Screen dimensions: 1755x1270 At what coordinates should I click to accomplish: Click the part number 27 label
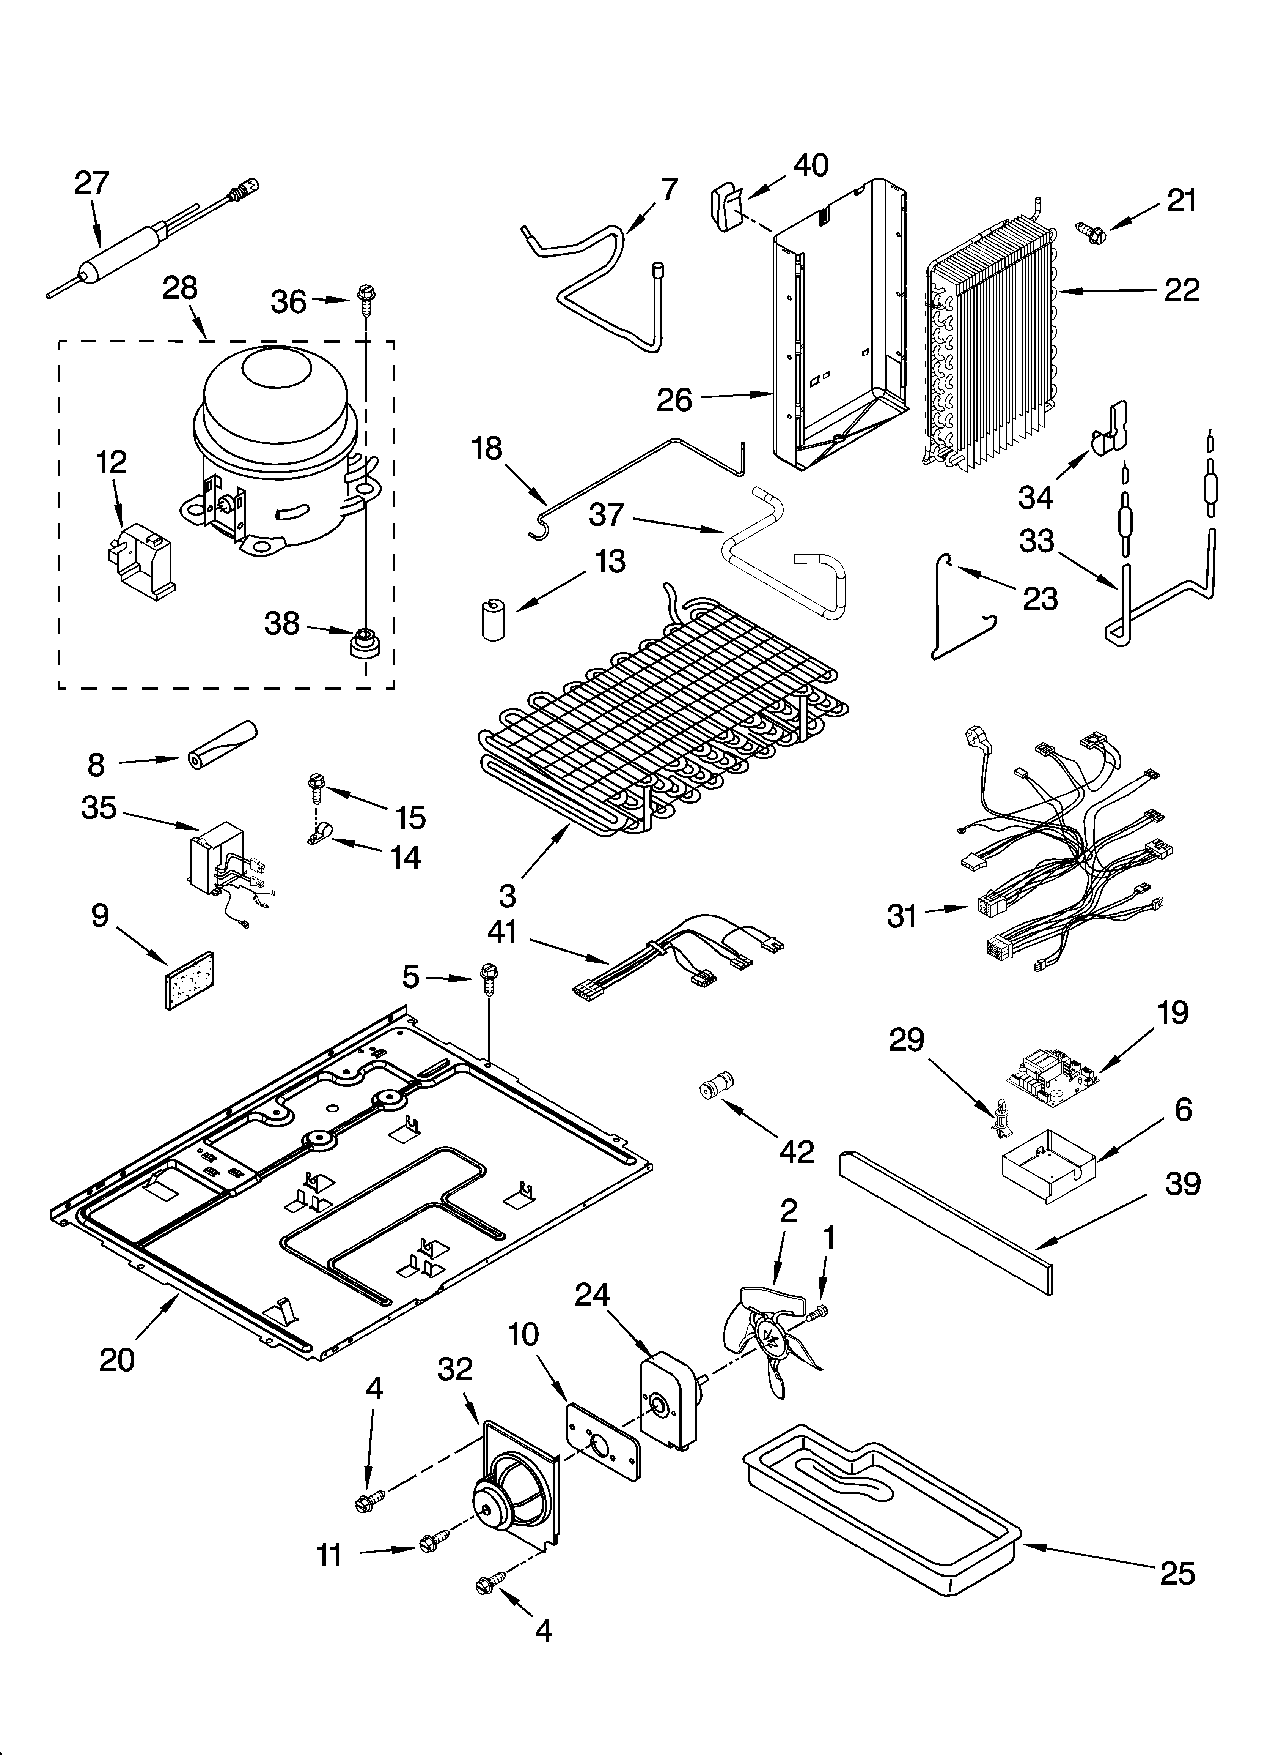coord(92,183)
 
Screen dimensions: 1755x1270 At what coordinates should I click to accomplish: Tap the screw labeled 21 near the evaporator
coord(1091,230)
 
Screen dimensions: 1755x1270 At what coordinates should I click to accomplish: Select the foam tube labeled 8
coord(222,743)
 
